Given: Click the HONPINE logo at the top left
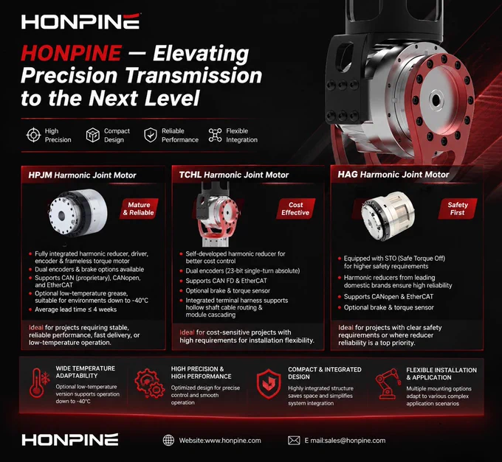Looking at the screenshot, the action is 81,21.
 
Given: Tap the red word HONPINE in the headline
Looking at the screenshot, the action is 72,53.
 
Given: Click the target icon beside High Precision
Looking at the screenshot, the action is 33,135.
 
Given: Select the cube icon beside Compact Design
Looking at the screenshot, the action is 93,135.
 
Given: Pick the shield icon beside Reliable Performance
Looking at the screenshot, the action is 150,135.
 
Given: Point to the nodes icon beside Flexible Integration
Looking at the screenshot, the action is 215,135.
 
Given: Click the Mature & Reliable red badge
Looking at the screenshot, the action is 140,209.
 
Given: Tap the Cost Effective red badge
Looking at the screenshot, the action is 295,209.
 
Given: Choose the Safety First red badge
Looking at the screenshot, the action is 458,209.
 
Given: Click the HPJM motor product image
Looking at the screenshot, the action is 78,212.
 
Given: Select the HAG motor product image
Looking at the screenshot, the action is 388,215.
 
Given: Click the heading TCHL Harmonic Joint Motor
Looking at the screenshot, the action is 234,175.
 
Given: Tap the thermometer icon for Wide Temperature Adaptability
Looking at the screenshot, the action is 39,382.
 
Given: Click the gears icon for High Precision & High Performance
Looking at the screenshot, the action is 150,382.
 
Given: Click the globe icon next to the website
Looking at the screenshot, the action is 168,441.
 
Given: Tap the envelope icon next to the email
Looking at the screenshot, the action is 294,441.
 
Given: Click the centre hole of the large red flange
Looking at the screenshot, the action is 436,101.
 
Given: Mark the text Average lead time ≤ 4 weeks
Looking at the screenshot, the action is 75,309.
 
